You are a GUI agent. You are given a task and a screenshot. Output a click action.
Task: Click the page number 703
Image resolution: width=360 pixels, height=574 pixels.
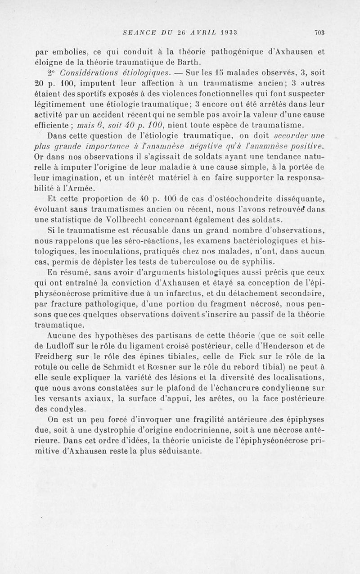(x=319, y=32)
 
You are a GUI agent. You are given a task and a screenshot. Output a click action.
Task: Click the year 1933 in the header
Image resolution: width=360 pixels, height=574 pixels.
(x=229, y=32)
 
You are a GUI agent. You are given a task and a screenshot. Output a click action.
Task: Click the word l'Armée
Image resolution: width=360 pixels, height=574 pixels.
(x=57, y=188)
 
